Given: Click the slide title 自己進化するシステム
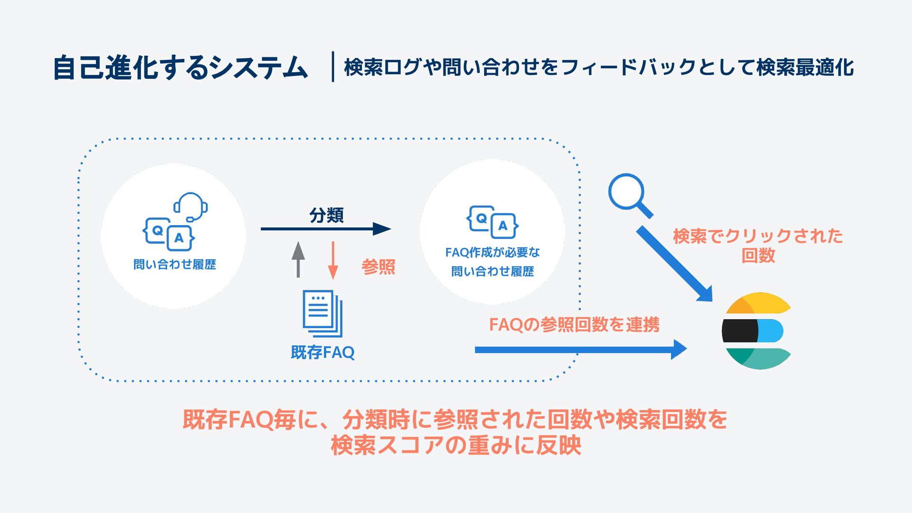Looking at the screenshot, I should pos(180,67).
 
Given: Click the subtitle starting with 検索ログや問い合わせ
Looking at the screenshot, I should pos(598,67).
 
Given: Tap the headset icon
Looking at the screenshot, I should pos(191,207).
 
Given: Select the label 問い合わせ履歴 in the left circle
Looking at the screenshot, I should pos(174,265).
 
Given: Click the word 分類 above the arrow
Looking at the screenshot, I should pos(326,215).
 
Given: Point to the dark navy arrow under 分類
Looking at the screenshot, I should pos(325,229).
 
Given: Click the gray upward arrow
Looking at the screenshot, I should pos(298,259).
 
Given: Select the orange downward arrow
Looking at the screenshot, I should pos(332,260).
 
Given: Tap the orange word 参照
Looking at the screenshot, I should pos(378,267).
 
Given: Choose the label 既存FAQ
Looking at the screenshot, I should pos(323,352).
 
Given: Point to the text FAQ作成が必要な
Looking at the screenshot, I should pos(492,252).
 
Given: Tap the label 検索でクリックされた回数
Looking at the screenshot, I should pos(758,245).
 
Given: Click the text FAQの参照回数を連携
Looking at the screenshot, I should pos(574,325).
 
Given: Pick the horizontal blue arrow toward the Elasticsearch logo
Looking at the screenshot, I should pos(580,350).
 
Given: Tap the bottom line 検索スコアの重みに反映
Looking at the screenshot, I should pos(456,446).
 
